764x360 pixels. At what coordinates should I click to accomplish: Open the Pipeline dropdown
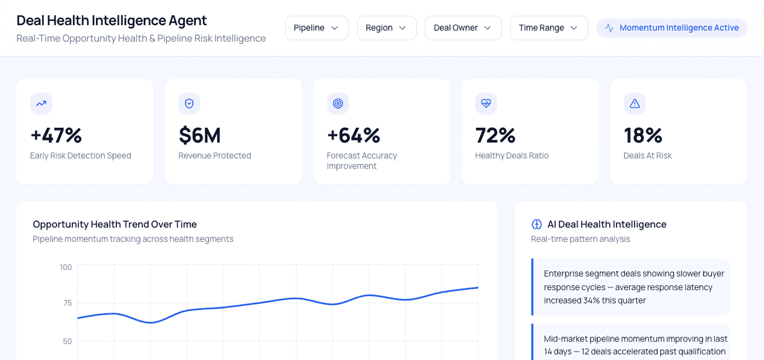click(317, 28)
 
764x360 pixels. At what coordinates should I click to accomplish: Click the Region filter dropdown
click(387, 28)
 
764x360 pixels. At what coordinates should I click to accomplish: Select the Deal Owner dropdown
click(463, 28)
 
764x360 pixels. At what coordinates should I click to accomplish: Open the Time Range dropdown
click(549, 28)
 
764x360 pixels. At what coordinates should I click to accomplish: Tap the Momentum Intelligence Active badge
click(672, 28)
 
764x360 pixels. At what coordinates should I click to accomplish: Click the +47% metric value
click(56, 135)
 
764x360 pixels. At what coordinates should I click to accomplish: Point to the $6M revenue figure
click(200, 135)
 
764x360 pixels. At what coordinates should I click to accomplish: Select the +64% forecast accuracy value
click(353, 135)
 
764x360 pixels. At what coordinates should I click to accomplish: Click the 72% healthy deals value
click(495, 135)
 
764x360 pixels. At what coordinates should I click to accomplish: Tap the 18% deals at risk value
click(643, 135)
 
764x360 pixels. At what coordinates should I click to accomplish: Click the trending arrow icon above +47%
click(41, 104)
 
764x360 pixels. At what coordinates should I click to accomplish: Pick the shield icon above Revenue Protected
click(189, 104)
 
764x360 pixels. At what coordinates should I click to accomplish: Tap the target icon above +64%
click(338, 104)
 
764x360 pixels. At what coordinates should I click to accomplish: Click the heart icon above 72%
click(486, 104)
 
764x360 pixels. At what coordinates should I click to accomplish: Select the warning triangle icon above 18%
click(635, 104)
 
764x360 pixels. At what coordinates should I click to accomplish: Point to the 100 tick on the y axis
click(66, 267)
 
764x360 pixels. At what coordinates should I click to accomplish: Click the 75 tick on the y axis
click(67, 303)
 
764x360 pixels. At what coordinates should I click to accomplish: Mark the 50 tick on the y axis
click(67, 341)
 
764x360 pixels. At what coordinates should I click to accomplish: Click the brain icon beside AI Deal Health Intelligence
click(536, 224)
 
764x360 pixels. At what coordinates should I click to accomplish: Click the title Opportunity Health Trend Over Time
click(115, 224)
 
